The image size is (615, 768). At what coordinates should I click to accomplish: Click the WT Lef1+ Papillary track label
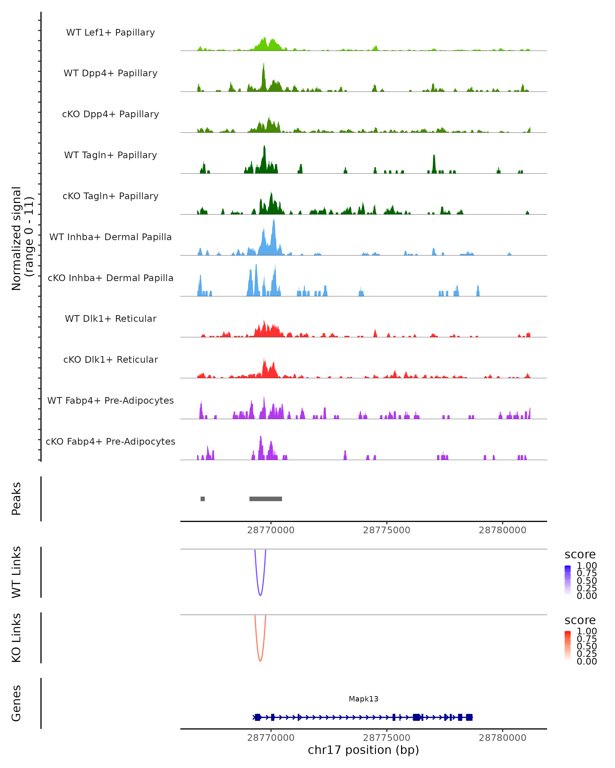110,33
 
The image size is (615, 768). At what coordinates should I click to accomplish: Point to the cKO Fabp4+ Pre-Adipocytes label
110,441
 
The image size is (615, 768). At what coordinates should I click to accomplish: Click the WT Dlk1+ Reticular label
110,319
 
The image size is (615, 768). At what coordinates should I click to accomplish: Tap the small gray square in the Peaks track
202,499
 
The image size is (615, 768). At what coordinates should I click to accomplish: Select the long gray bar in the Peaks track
266,499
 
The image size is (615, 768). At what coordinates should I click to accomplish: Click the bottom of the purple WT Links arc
260,595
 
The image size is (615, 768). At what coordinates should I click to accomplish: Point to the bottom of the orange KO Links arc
260,660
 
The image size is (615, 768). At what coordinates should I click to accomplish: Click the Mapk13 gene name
363,699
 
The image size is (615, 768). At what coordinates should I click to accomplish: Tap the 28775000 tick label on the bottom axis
386,738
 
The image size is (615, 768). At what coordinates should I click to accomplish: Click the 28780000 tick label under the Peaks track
502,530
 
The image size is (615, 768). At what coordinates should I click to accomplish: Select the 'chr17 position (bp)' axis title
363,750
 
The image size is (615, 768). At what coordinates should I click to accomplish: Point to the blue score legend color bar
568,580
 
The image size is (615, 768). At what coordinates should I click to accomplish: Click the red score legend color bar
568,645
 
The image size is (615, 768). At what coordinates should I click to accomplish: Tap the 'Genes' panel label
16,703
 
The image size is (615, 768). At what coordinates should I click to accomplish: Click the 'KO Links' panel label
16,638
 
